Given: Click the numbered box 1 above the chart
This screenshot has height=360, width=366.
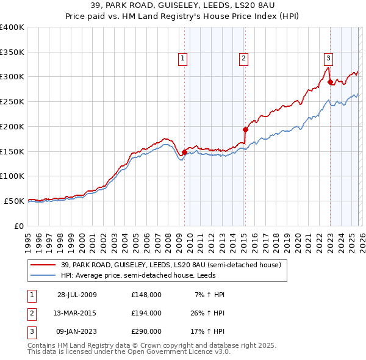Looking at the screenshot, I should (183, 59).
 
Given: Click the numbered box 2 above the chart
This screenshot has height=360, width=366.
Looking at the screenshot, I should (243, 59).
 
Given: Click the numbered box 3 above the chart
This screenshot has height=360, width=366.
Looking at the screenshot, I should (328, 59).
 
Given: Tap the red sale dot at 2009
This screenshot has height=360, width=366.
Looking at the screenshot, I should (185, 152).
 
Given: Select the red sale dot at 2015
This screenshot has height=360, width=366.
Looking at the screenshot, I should (245, 129).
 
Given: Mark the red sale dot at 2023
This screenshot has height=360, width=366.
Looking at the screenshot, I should (330, 82).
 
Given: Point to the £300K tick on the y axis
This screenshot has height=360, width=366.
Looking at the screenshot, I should (12, 77).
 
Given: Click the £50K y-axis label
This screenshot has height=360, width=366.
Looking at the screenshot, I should (14, 201).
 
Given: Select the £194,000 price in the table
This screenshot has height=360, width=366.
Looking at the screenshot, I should (146, 313).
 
